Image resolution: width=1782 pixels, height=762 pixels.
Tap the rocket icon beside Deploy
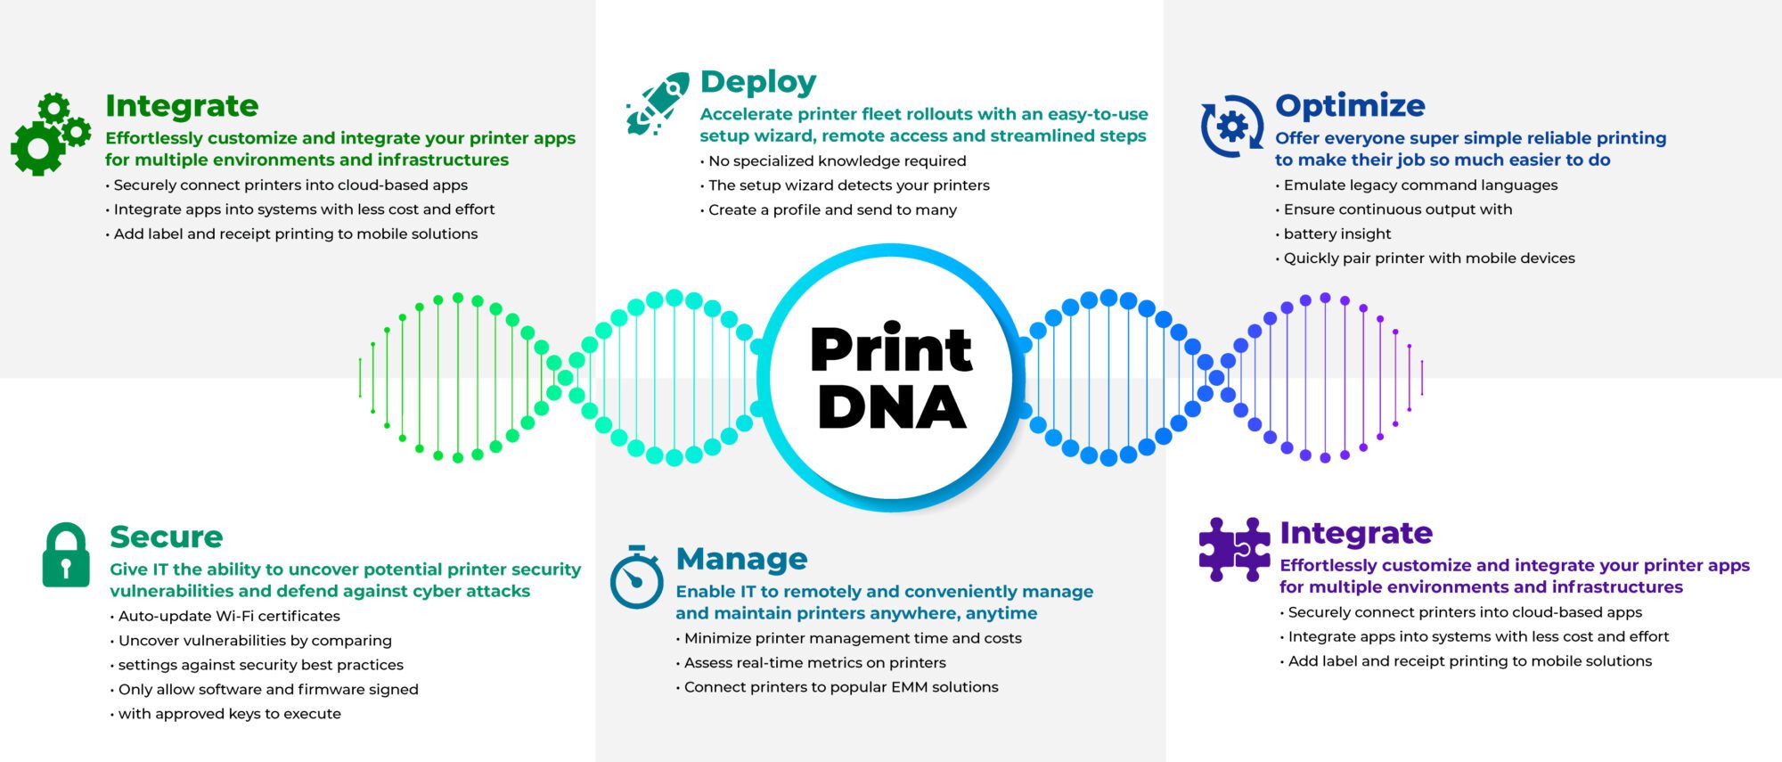point(658,104)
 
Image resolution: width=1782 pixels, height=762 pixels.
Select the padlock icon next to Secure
point(66,555)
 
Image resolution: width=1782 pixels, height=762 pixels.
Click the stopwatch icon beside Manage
point(636,577)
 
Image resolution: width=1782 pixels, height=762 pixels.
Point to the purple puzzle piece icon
point(1234,549)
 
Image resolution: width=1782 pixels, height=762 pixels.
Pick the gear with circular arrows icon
point(1232,127)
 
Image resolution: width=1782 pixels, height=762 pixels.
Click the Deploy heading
point(758,82)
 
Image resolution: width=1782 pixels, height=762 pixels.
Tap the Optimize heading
point(1350,105)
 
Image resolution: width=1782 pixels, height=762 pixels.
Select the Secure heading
point(167,537)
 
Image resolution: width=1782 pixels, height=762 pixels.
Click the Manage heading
point(741,559)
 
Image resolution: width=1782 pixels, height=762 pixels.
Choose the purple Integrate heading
point(1356,533)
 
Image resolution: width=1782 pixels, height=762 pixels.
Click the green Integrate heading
point(182,106)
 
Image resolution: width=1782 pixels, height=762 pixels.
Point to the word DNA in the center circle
point(892,407)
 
